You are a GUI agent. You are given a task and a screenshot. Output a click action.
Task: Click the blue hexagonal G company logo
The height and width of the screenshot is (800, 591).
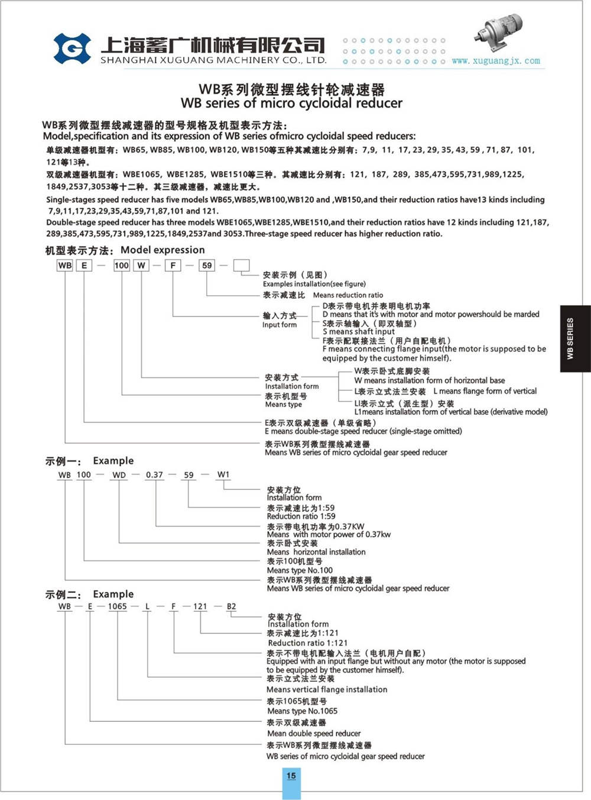(72, 49)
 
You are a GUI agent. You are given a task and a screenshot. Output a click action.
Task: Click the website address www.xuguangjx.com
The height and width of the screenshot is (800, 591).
(495, 61)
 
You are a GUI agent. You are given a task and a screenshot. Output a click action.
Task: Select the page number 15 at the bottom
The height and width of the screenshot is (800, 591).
(291, 776)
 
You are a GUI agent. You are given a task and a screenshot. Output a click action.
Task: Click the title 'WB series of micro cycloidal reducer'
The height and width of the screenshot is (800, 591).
(291, 104)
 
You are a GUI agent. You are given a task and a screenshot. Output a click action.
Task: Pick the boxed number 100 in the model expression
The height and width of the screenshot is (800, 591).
(122, 265)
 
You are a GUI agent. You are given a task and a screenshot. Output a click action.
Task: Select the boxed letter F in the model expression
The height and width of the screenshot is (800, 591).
(173, 265)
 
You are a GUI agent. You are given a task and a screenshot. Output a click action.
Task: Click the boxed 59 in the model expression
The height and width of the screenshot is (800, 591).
(207, 265)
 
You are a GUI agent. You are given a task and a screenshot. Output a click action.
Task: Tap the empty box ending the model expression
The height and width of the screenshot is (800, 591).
(241, 265)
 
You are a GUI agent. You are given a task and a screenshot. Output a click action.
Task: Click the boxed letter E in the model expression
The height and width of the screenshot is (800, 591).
(85, 265)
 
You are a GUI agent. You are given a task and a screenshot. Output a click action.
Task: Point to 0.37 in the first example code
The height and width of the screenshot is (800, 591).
(154, 475)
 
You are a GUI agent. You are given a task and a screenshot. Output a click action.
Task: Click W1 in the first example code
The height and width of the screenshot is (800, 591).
(223, 475)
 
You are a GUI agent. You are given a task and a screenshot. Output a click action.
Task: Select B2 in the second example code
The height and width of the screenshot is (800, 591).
(231, 607)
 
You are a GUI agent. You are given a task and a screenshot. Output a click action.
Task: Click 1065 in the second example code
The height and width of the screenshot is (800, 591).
(117, 607)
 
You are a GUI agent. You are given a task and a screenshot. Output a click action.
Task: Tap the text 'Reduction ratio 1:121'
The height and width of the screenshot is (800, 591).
(308, 643)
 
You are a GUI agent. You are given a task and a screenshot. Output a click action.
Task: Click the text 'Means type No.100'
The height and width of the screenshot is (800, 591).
(300, 570)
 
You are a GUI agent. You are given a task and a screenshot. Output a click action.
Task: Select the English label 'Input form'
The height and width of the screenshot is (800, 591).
(280, 325)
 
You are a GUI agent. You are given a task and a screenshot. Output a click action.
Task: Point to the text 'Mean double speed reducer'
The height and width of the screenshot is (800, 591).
(314, 733)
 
